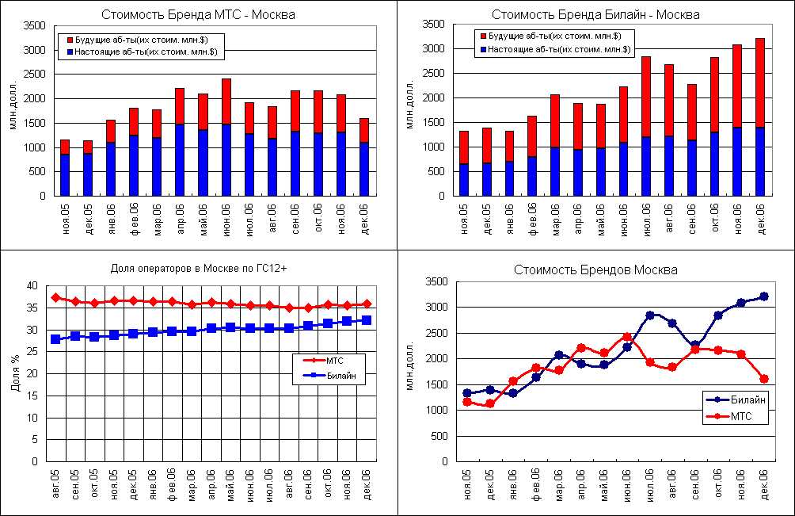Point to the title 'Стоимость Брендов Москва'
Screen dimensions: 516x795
pos(595,269)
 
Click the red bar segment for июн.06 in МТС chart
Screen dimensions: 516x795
pos(226,101)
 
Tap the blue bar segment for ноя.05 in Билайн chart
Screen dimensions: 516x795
pos(464,179)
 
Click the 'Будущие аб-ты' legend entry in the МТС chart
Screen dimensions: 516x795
pos(143,39)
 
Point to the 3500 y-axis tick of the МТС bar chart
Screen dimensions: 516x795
pos(36,25)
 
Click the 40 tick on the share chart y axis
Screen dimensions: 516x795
pos(32,286)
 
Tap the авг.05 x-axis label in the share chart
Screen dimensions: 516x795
pos(55,483)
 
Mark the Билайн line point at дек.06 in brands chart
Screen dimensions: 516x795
pos(764,296)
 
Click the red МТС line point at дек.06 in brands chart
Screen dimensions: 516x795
pos(764,379)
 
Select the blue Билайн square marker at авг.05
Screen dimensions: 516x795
pos(55,339)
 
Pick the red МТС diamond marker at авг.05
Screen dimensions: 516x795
pos(55,298)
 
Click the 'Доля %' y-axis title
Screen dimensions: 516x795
pos(15,373)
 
